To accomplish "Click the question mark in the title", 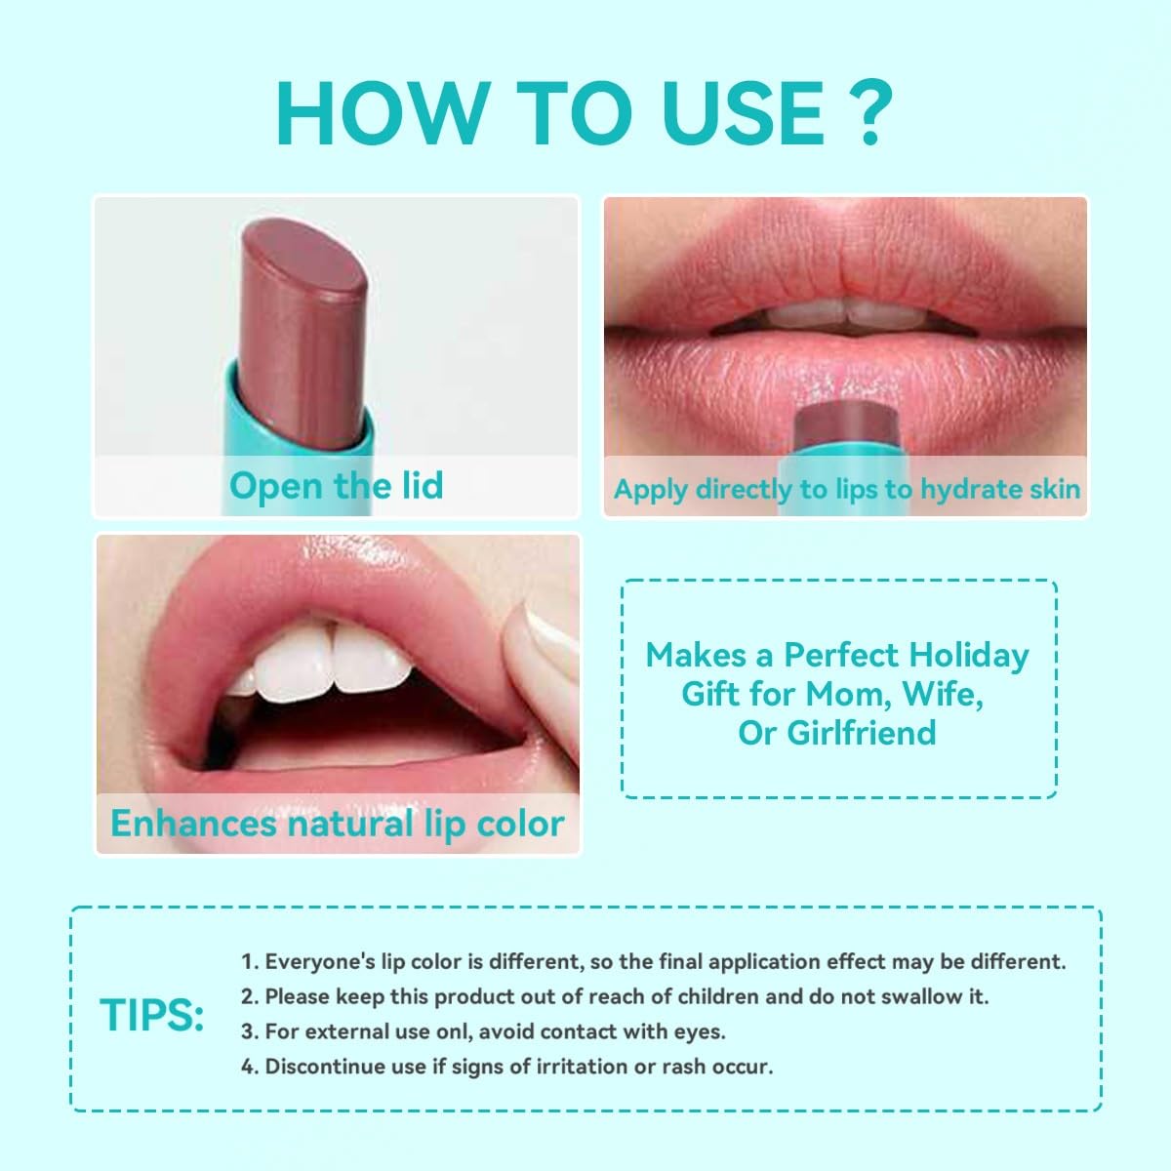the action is (x=869, y=112).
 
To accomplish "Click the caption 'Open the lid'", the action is (x=336, y=486).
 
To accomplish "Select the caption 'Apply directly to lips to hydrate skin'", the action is (x=846, y=489).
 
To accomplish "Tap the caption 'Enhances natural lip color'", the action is (x=338, y=824).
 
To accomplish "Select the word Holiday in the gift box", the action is (x=969, y=656).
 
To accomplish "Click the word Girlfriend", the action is (x=861, y=732).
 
